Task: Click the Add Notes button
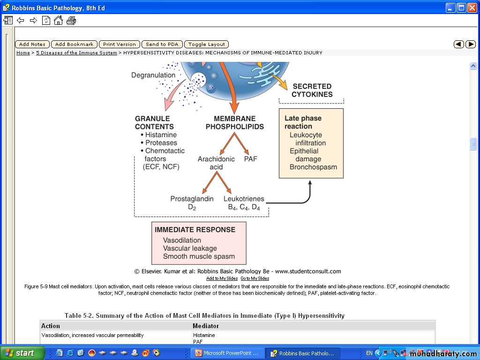tap(32, 45)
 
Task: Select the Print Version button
tap(120, 45)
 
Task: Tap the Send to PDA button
tap(162, 45)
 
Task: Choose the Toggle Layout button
tap(207, 45)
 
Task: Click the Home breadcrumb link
tap(23, 53)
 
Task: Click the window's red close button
tap(472, 7)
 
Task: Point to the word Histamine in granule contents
tap(161, 135)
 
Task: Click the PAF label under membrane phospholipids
tap(251, 159)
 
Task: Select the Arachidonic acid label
tap(216, 163)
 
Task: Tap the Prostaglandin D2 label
tap(192, 202)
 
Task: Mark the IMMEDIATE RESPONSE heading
tap(195, 230)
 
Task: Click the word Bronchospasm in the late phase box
tap(313, 167)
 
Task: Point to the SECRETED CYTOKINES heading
tap(312, 90)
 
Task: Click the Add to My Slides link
tap(222, 278)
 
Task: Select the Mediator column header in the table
tap(206, 326)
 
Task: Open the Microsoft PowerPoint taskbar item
tap(227, 353)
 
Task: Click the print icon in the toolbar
tap(71, 21)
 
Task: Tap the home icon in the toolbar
tap(58, 21)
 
